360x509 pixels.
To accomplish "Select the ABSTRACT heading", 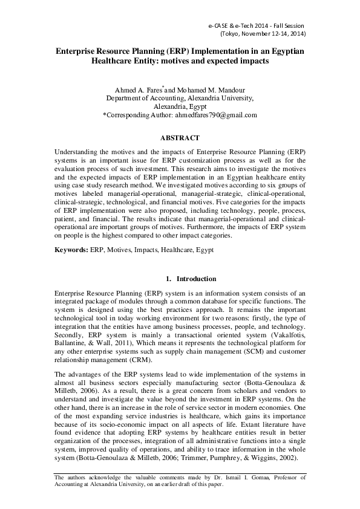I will coord(180,138).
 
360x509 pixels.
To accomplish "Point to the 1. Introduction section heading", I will coord(191,279).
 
